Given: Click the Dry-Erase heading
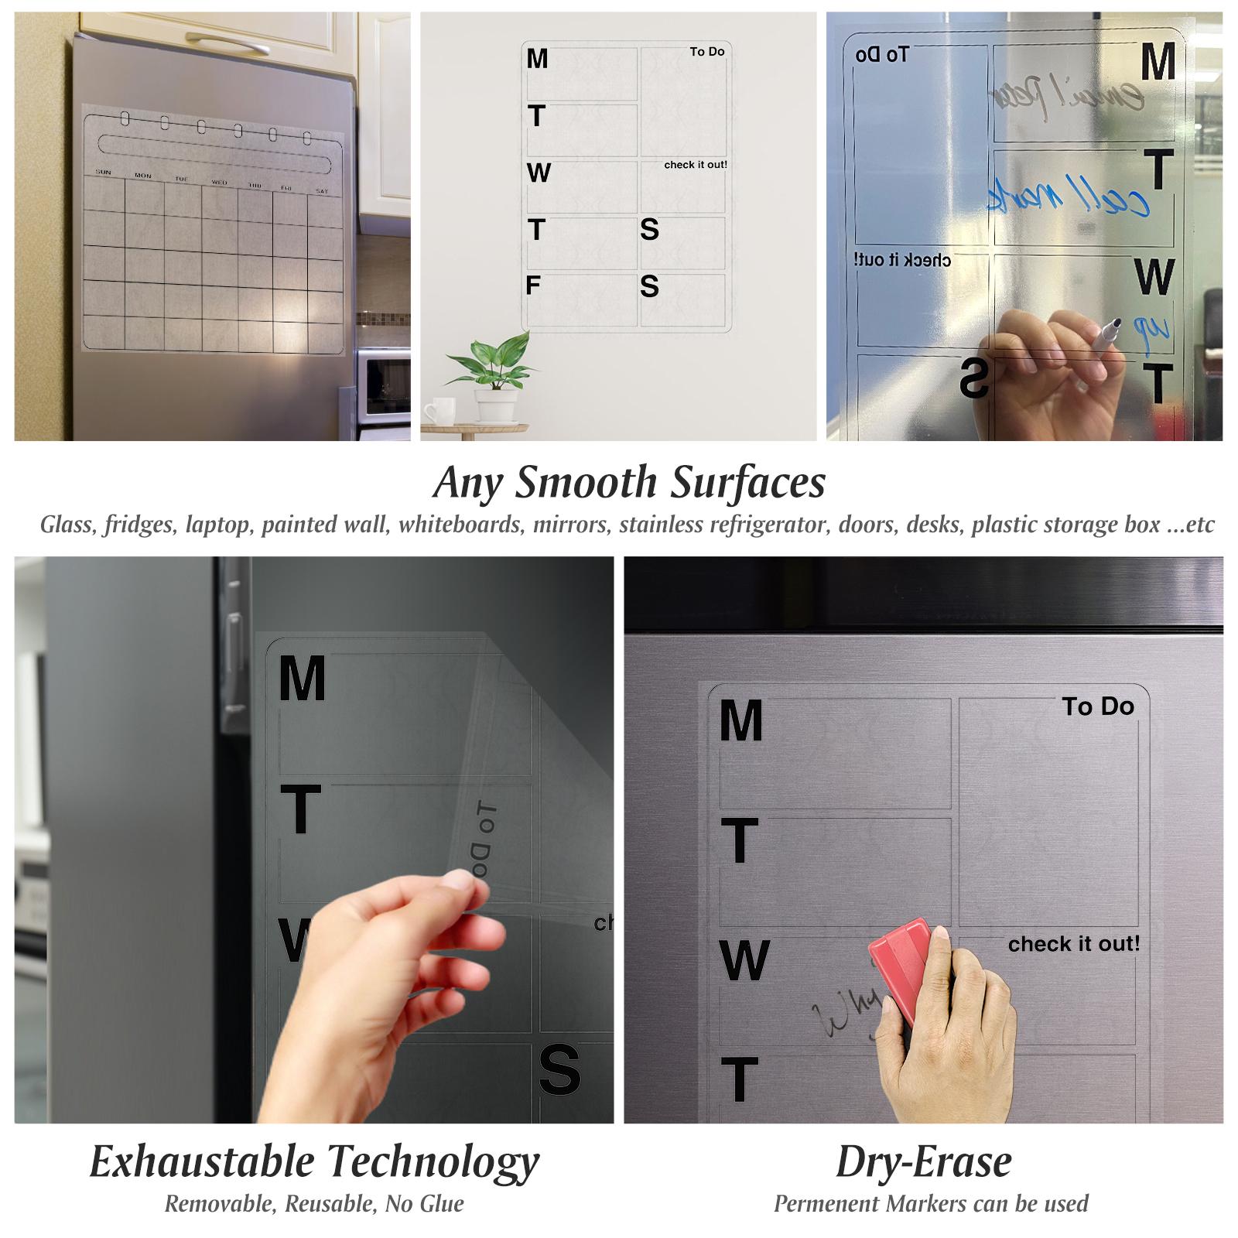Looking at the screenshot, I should point(924,1161).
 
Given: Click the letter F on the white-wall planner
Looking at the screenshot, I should point(532,286).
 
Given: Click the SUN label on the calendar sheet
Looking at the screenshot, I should point(102,173).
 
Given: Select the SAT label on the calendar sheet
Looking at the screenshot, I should point(322,191).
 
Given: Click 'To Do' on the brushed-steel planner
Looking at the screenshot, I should point(1097,706).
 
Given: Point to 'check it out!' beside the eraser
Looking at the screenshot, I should point(1073,944).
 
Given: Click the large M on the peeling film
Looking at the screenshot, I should point(302,679).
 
